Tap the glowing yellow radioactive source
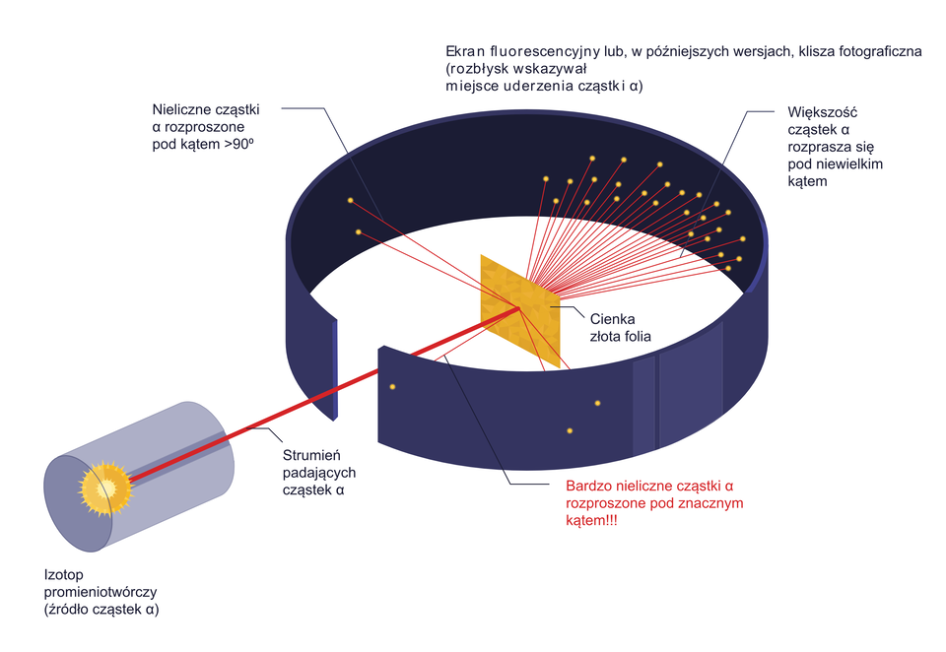click(x=104, y=487)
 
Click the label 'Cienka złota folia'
click(x=620, y=327)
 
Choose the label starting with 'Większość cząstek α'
click(x=827, y=147)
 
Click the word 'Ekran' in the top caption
click(x=466, y=50)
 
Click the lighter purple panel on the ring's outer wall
click(x=643, y=404)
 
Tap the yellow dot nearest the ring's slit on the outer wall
click(x=392, y=386)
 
